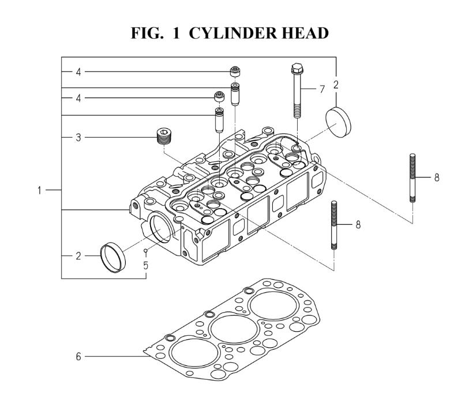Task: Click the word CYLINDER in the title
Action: [x=233, y=33]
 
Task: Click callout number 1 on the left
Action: [x=39, y=190]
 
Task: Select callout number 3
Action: [x=78, y=138]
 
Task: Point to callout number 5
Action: [x=146, y=265]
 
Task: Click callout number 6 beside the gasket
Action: [x=78, y=357]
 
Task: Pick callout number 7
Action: [x=322, y=89]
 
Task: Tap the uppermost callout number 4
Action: [x=78, y=72]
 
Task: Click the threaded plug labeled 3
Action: [x=164, y=136]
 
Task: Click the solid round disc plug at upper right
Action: [x=338, y=123]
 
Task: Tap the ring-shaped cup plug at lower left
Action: [x=112, y=258]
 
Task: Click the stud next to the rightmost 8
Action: [x=412, y=178]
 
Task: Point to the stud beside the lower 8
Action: [x=334, y=225]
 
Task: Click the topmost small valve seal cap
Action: [x=235, y=72]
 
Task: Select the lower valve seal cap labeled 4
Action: [x=220, y=97]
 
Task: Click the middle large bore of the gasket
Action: [x=234, y=329]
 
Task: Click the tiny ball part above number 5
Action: [x=146, y=250]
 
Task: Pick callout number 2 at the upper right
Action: [x=336, y=85]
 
